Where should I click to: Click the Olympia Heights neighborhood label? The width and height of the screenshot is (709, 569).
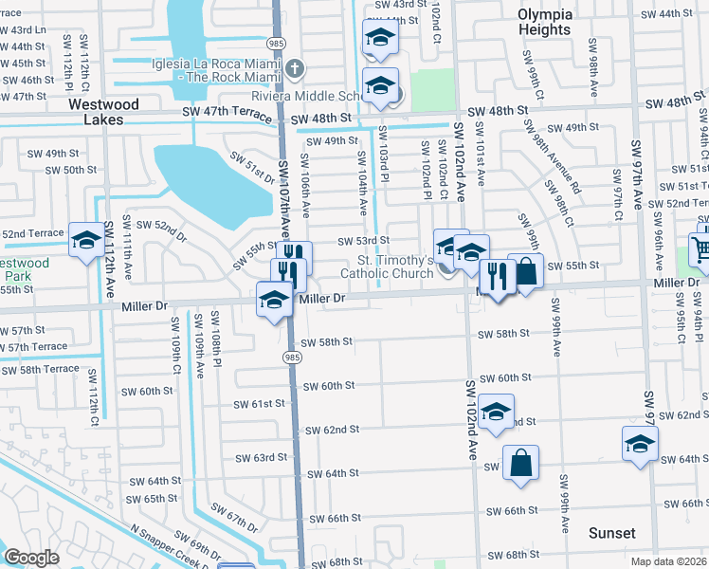pos(545,22)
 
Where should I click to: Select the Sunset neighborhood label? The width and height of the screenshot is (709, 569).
pos(611,533)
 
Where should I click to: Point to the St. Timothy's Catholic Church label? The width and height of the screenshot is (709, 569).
pos(395,266)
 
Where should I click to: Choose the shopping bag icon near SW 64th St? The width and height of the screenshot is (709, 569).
pos(520,464)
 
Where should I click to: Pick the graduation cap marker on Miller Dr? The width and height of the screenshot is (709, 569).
pos(274,300)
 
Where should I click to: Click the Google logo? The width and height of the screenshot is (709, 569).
pos(31,559)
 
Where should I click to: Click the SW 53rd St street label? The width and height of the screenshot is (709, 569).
pos(365,241)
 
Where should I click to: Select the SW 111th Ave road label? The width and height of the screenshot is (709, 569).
pos(110,256)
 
